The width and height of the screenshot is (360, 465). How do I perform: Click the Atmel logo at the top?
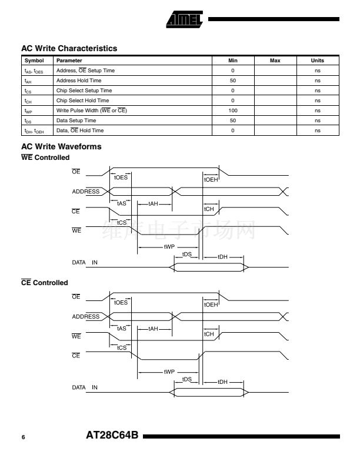click(184, 19)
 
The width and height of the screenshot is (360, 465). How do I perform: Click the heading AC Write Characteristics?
click(69, 48)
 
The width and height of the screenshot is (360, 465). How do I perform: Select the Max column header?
click(275, 61)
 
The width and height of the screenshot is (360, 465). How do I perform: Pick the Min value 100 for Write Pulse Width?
click(233, 111)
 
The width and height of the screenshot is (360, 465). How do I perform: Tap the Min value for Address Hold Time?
click(233, 81)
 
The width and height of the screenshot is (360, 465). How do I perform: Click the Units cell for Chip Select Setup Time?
click(318, 91)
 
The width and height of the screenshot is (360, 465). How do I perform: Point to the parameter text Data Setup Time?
click(76, 121)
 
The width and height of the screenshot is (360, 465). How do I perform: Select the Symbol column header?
click(34, 61)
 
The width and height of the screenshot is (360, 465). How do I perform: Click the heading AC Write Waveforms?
click(61, 146)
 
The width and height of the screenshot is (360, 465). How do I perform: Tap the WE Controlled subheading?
click(45, 158)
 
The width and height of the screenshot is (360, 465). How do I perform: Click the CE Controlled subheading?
click(45, 283)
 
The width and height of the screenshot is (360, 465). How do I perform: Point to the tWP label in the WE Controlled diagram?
click(169, 247)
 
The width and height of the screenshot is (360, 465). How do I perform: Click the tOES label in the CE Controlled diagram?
click(121, 303)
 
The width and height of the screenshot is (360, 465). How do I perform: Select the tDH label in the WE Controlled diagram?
click(222, 257)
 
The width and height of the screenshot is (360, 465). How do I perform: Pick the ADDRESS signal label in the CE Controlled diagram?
click(86, 317)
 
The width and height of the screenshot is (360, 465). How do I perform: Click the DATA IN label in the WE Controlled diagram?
click(85, 262)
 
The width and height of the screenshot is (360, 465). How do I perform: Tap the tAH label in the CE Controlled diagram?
click(153, 329)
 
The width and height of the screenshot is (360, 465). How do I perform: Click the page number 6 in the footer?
click(24, 437)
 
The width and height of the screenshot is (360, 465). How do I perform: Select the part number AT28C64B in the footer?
click(112, 435)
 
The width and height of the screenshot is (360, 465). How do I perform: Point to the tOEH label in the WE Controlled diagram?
click(211, 180)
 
